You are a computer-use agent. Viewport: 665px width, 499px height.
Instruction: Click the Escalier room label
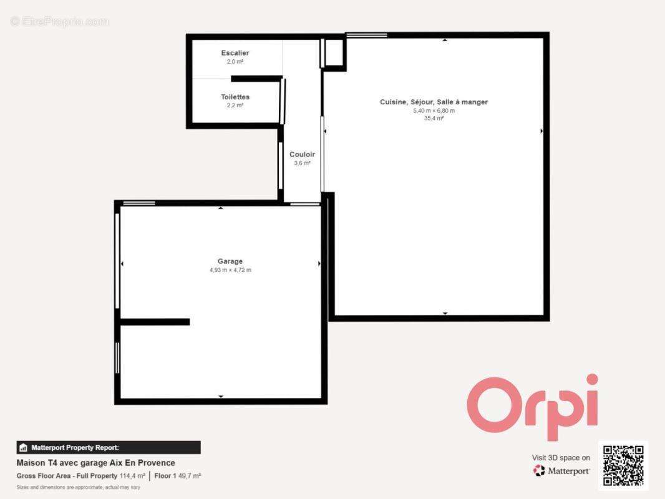click(x=235, y=53)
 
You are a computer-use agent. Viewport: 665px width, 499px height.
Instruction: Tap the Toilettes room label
click(x=235, y=97)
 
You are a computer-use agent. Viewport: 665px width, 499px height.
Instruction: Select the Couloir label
click(x=302, y=154)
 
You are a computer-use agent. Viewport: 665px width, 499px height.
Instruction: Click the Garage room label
click(x=230, y=261)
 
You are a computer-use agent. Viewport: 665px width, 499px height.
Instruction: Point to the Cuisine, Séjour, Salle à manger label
click(x=434, y=102)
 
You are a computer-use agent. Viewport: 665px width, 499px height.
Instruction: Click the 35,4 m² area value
click(x=434, y=119)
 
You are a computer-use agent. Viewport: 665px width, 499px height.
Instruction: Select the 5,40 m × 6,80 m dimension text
click(x=434, y=110)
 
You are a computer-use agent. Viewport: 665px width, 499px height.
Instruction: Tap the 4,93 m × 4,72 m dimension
click(x=230, y=270)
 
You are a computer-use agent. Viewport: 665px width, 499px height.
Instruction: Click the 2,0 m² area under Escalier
click(x=235, y=62)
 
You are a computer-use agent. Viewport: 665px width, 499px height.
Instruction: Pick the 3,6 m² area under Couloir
click(x=302, y=163)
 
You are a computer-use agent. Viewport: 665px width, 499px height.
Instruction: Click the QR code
click(x=623, y=465)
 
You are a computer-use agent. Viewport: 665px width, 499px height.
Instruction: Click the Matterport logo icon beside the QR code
click(x=539, y=470)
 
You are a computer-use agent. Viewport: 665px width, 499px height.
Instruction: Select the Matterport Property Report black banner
click(x=109, y=447)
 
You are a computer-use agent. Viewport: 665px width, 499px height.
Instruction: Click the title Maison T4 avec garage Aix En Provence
click(x=96, y=463)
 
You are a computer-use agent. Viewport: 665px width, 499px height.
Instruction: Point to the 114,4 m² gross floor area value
click(x=132, y=476)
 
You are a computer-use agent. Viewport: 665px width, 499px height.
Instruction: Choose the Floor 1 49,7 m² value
click(x=178, y=476)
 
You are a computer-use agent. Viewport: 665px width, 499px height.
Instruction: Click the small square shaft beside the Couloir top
click(x=333, y=53)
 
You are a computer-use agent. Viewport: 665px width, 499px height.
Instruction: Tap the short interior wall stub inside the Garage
click(x=155, y=322)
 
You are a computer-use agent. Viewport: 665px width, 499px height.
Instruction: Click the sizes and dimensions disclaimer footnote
click(x=79, y=487)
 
